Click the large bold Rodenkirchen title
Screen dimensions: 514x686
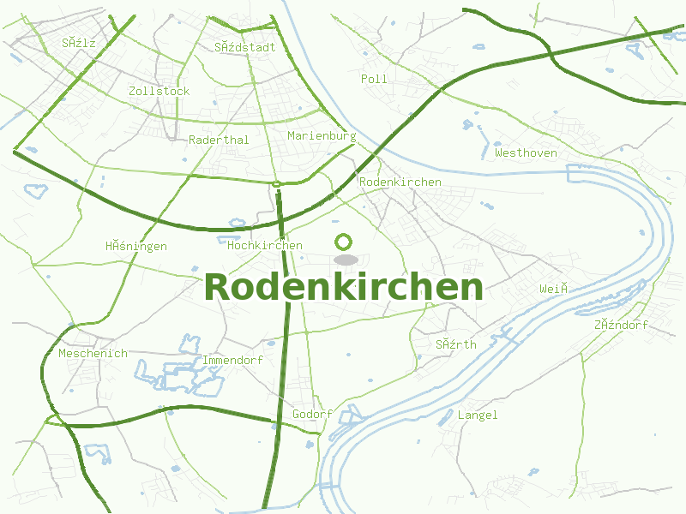(343, 287)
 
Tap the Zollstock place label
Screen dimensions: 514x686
(159, 91)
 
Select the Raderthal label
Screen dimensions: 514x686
(219, 140)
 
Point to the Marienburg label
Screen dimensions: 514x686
(322, 136)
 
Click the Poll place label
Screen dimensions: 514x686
(374, 79)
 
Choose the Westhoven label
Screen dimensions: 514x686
(526, 153)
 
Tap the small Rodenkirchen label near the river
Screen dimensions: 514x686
(400, 182)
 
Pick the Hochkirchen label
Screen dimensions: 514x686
(265, 246)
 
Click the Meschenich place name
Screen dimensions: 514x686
(93, 353)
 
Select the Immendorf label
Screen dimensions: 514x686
(232, 361)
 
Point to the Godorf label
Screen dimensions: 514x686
(312, 415)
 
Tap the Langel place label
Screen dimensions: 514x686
(478, 415)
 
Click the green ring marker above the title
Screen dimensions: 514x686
(344, 242)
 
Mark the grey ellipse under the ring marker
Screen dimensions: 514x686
(345, 260)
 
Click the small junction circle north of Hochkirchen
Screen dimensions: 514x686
(277, 184)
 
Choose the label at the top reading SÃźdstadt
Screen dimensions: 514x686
(245, 47)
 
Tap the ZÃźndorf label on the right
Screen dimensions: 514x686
(621, 326)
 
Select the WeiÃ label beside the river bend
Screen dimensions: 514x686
(554, 290)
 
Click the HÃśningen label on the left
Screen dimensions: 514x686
(136, 247)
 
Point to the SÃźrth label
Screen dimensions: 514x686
(455, 344)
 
